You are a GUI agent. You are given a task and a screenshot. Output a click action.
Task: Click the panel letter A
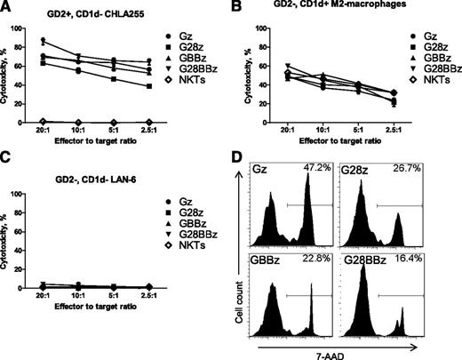7,7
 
